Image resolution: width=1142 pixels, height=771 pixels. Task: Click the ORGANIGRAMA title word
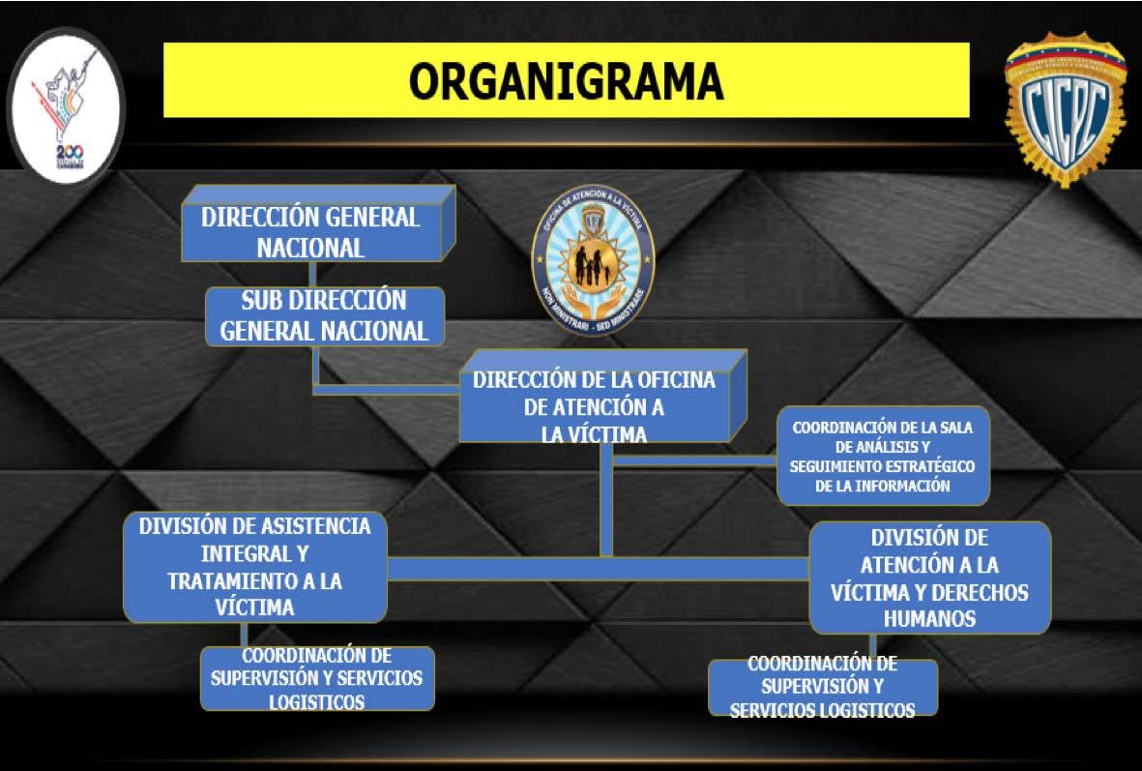click(x=566, y=81)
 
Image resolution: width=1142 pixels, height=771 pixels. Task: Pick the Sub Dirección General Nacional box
click(x=324, y=315)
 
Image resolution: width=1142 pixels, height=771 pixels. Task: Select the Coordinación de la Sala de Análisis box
click(x=883, y=456)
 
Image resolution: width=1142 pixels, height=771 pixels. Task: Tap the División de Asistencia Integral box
click(x=254, y=567)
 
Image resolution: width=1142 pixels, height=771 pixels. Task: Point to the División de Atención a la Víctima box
click(x=929, y=578)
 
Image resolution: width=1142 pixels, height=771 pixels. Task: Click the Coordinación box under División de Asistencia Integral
click(x=316, y=678)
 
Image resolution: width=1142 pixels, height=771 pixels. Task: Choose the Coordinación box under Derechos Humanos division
click(x=822, y=688)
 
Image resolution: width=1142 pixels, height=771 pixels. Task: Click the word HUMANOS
click(x=929, y=618)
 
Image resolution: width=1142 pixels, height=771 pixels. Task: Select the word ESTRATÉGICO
click(x=921, y=466)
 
